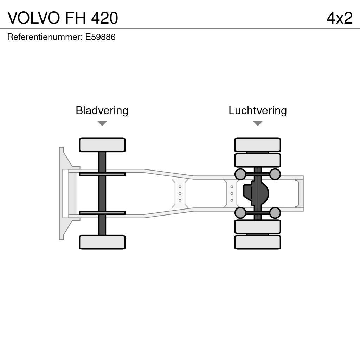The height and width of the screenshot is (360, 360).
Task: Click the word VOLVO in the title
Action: pos(34,18)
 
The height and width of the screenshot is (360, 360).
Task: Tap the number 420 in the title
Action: pos(104,18)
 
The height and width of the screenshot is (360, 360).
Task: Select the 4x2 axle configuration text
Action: pos(339,18)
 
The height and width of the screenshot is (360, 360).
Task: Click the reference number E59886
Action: pos(100,37)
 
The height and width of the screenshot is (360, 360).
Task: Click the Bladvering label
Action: pos(102,110)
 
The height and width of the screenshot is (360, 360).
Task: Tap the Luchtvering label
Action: pos(258,110)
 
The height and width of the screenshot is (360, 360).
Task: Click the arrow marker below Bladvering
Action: pos(102,123)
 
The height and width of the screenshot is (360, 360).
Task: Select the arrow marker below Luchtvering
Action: pos(258,123)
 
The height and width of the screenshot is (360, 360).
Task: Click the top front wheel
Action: pos(102,145)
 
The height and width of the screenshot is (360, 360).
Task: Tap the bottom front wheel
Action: pos(102,242)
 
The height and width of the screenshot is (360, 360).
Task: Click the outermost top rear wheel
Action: pos(258,145)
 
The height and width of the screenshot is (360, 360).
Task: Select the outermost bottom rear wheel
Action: pos(258,242)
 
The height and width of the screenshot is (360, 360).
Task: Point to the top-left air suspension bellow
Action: pos(240,174)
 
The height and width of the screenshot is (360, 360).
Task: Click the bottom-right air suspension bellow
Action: pos(275,213)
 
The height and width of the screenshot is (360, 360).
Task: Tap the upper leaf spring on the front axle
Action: pos(102,174)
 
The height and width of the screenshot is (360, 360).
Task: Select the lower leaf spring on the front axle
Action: pos(102,213)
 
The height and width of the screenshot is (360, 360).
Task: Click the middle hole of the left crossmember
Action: pos(180,193)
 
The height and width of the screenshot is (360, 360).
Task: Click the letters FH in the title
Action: pos(75,18)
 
